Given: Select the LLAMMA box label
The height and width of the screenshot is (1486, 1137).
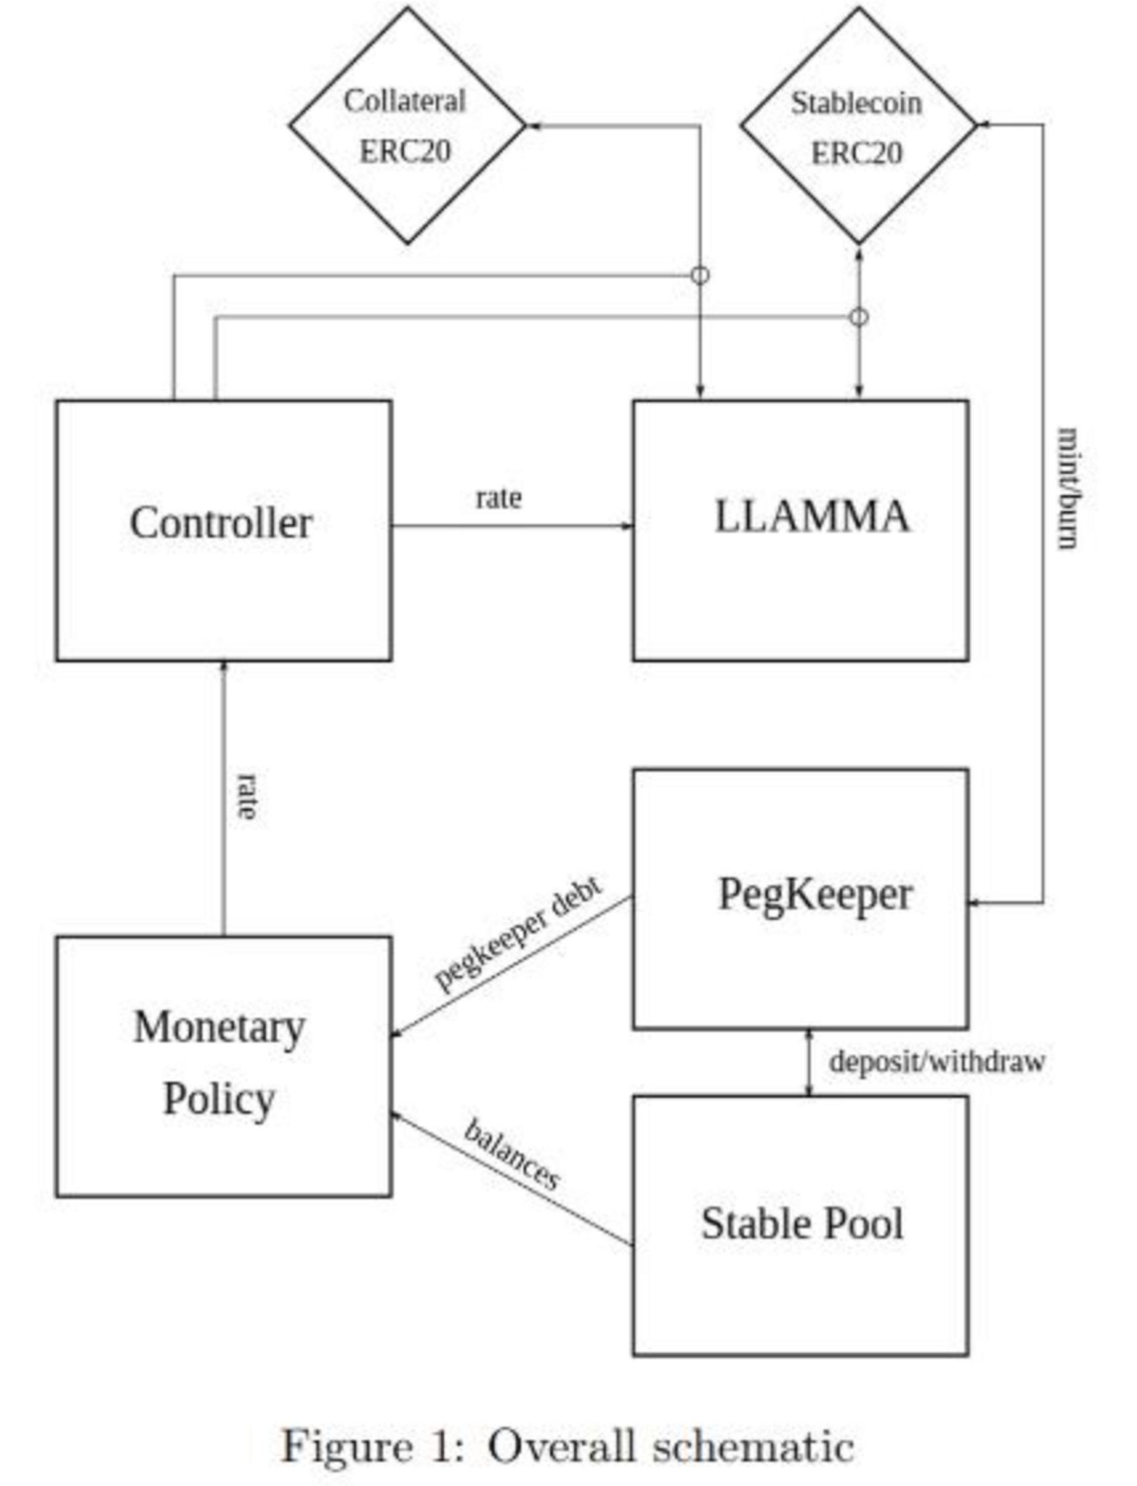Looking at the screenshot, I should [x=812, y=517].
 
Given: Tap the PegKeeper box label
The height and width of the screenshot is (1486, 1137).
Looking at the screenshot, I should [x=815, y=894].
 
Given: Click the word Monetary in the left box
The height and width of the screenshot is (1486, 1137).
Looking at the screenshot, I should [x=219, y=1027].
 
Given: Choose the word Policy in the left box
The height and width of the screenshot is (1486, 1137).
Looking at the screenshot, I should [x=219, y=1099].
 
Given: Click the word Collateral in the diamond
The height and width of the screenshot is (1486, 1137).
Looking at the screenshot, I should [x=405, y=101].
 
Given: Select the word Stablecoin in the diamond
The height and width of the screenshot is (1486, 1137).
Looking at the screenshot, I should [x=856, y=104].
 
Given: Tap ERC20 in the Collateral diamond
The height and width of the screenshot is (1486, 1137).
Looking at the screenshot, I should [x=405, y=151].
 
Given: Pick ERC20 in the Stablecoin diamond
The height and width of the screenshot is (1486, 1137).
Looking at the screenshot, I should [x=856, y=153].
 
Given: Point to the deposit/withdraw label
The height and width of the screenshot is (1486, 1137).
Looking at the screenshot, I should [x=937, y=1061].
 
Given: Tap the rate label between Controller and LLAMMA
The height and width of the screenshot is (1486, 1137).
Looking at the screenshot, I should [x=499, y=498].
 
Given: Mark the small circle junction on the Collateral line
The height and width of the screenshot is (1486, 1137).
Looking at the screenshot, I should [x=700, y=275].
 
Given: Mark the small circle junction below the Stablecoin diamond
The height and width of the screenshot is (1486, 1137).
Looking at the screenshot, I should [x=859, y=316].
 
